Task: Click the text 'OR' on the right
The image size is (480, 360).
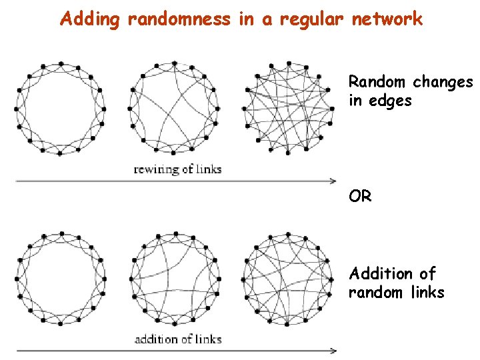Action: click(x=360, y=197)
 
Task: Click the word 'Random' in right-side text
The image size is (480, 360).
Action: click(x=377, y=82)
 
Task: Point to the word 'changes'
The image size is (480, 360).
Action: click(x=443, y=83)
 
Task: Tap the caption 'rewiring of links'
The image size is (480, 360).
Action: click(x=177, y=169)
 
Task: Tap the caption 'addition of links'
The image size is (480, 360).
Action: click(x=177, y=339)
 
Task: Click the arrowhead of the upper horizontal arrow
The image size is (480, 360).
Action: click(x=333, y=180)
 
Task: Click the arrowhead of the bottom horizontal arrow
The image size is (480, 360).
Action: click(x=333, y=350)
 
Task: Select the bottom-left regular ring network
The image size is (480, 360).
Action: click(x=59, y=279)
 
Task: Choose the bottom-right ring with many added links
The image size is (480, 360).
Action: click(x=287, y=279)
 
